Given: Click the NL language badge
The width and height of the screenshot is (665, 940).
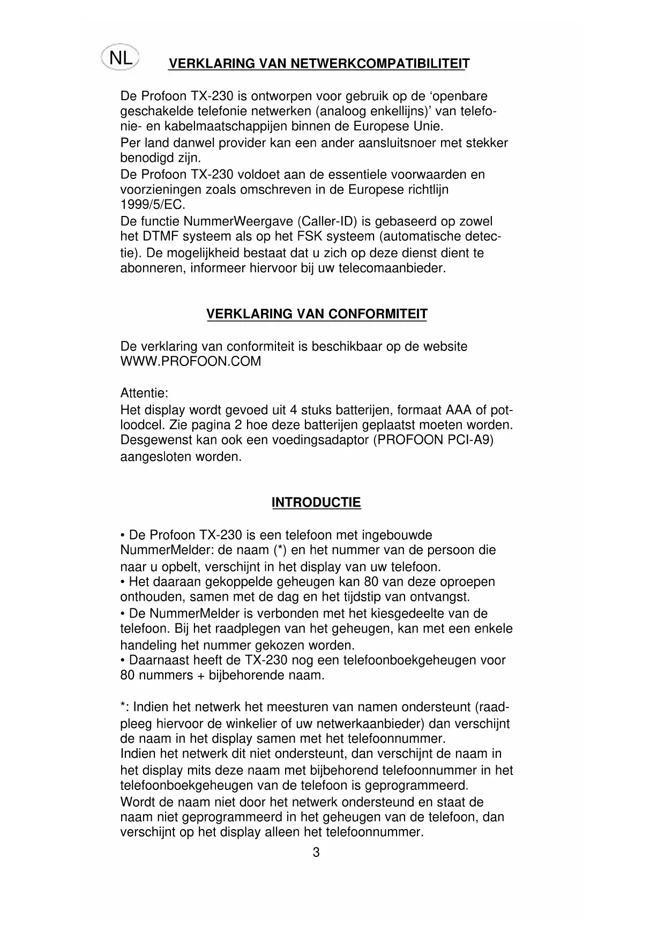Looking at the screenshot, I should (x=120, y=58).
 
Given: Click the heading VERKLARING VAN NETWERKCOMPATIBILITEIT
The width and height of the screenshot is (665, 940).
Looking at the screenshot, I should (x=319, y=64).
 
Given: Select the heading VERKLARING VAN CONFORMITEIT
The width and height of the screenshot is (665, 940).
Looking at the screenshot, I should (x=317, y=314).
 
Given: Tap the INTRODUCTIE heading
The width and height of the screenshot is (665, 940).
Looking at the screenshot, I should (x=316, y=503).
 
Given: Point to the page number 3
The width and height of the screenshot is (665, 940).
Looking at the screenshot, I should (x=316, y=853).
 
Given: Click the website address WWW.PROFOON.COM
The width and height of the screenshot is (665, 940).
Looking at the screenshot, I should (x=191, y=361).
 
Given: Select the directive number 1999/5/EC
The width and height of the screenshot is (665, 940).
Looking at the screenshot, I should (x=153, y=205).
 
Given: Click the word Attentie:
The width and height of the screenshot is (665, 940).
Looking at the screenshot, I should (x=144, y=393).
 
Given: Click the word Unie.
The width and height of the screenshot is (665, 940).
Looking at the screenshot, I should (x=427, y=127).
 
